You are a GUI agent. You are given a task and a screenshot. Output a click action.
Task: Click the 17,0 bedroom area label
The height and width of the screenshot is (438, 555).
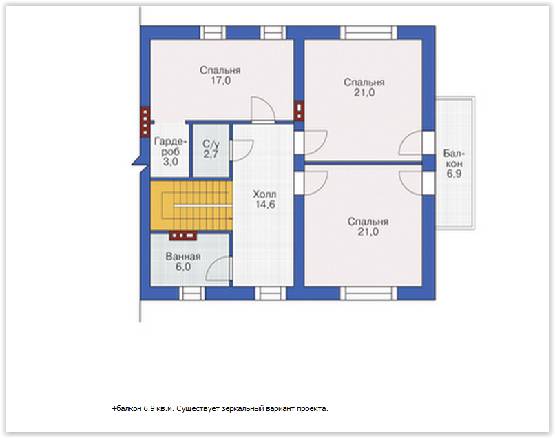220,76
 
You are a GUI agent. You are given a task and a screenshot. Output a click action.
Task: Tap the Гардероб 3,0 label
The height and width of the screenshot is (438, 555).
170,152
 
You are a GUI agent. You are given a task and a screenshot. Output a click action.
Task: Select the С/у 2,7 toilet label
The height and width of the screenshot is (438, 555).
211,149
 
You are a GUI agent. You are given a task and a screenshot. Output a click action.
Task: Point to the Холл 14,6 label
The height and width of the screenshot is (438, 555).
264,199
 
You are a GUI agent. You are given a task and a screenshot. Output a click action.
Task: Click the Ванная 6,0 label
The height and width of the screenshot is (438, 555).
183,262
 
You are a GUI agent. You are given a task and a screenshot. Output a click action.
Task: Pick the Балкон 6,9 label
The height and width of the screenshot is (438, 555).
454,163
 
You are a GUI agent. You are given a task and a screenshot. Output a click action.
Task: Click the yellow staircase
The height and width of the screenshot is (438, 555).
191,205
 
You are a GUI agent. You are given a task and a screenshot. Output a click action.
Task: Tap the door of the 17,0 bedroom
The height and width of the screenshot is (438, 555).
263,109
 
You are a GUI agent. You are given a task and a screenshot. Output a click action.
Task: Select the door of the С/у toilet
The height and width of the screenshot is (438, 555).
242,151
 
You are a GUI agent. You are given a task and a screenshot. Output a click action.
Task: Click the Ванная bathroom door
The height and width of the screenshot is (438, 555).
219,269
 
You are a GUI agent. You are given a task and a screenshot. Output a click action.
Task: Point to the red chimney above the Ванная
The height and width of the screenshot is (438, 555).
182,236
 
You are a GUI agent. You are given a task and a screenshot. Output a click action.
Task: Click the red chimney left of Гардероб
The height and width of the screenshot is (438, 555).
145,122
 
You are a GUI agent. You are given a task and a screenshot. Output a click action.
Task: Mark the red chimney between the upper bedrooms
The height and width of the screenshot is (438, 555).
299,111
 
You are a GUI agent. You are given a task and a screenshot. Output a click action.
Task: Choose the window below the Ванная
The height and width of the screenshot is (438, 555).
192,293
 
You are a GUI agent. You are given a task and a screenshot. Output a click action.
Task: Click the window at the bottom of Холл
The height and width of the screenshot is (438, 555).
271,293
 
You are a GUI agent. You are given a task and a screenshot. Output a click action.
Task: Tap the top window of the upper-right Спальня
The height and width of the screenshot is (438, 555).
368,32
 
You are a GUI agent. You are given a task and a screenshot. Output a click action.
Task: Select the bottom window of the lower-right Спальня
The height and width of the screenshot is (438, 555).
368,293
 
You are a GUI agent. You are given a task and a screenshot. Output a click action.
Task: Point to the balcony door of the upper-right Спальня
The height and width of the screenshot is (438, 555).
410,143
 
